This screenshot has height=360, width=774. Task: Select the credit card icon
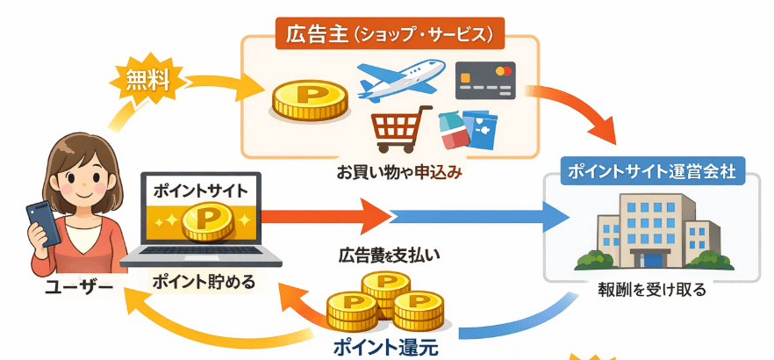[485, 81]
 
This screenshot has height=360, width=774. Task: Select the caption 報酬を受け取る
[650, 288]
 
